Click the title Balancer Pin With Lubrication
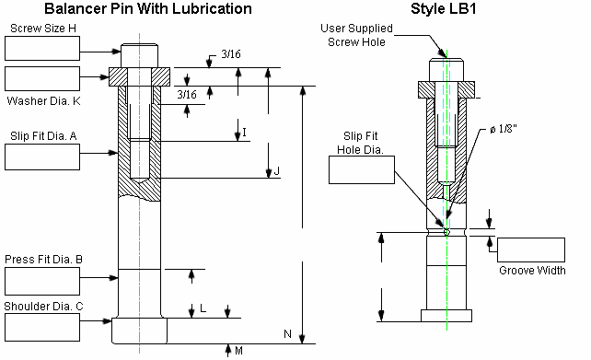click(128, 9)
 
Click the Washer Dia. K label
click(44, 100)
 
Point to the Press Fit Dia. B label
click(44, 261)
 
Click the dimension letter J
click(276, 172)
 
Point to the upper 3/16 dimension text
click(232, 57)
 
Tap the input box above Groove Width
click(531, 250)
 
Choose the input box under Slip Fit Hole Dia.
click(361, 168)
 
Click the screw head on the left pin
click(139, 55)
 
